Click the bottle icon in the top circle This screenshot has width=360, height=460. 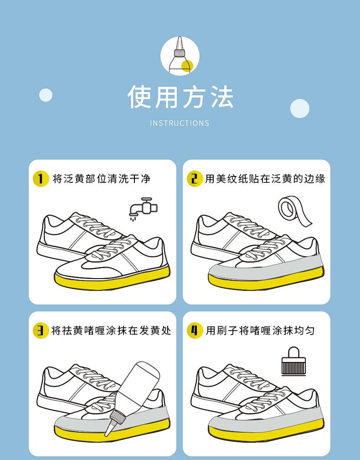pyautogui.click(x=180, y=55)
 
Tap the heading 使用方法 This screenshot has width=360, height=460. pyautogui.click(x=180, y=97)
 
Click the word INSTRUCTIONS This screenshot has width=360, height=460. pyautogui.click(x=180, y=123)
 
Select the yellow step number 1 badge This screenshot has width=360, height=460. pyautogui.click(x=41, y=178)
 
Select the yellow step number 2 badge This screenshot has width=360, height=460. pyautogui.click(x=195, y=178)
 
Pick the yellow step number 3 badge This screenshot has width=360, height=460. pyautogui.click(x=41, y=331)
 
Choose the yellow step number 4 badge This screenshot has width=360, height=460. pyautogui.click(x=195, y=331)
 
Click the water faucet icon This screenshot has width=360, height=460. pyautogui.click(x=144, y=209)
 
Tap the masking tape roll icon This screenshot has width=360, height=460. pyautogui.click(x=294, y=211)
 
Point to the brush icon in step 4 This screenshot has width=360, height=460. pyautogui.click(x=294, y=362)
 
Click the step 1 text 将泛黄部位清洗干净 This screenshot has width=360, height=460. pyautogui.click(x=102, y=179)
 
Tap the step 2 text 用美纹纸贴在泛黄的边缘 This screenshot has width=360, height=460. pyautogui.click(x=265, y=179)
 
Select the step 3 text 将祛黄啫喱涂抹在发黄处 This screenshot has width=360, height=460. pyautogui.click(x=111, y=331)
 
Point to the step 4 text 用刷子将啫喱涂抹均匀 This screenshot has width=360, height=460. pyautogui.click(x=260, y=331)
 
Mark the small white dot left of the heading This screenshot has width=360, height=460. pyautogui.click(x=46, y=95)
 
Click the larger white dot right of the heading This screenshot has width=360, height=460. pyautogui.click(x=299, y=109)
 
